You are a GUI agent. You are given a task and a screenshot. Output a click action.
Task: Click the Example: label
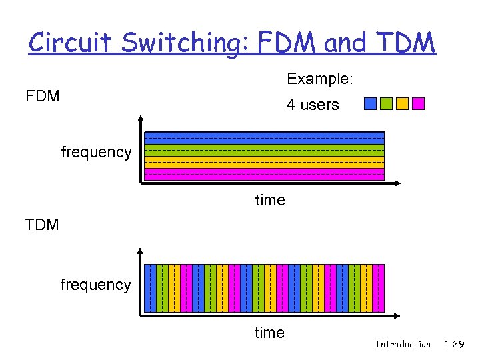click(319, 79)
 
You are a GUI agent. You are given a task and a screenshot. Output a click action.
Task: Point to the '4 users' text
click(313, 105)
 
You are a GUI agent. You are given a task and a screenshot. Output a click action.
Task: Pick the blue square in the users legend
click(370, 103)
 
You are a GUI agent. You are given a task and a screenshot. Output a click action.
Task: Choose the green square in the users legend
click(386, 103)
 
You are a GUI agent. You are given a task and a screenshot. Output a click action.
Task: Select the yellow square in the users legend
click(402, 103)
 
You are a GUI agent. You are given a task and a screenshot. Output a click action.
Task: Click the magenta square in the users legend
click(418, 103)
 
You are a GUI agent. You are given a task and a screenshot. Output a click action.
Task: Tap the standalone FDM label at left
click(43, 96)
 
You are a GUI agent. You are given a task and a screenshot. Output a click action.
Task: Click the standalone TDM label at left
click(42, 225)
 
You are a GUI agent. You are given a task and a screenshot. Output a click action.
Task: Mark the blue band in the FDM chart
click(265, 138)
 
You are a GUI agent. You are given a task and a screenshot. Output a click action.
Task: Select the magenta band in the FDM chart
click(265, 174)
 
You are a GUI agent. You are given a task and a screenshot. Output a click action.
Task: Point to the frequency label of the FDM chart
click(96, 152)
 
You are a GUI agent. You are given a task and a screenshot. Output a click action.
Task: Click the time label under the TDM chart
click(269, 333)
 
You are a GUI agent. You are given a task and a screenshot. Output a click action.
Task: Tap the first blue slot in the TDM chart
click(151, 288)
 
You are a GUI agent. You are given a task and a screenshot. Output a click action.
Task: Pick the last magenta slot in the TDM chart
click(379, 288)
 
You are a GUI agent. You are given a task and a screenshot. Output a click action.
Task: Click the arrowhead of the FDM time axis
click(396, 182)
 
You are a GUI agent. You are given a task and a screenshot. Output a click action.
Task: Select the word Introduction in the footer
click(403, 344)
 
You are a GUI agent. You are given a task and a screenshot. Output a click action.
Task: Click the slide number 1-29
click(455, 344)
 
